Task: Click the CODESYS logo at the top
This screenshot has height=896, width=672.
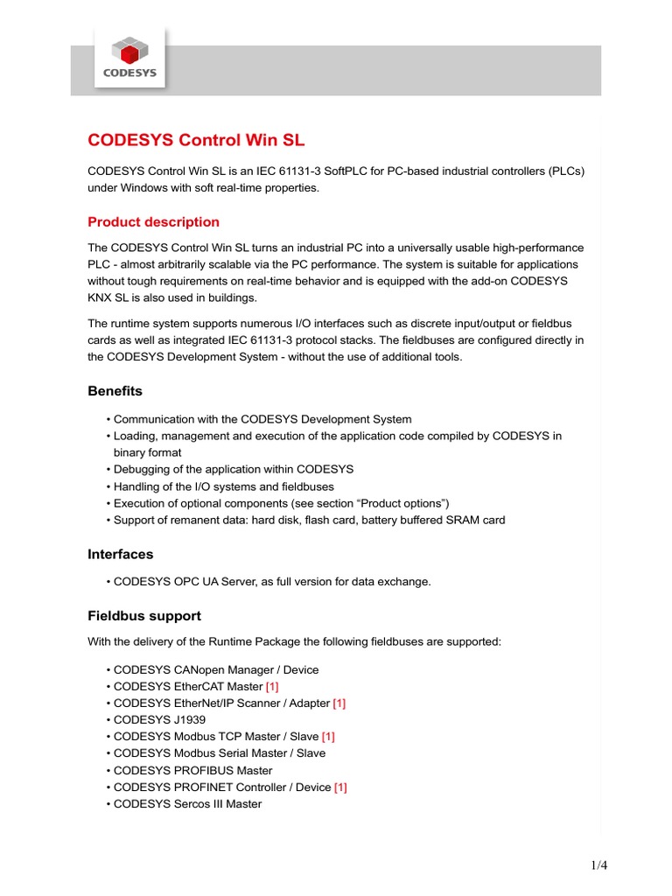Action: click(x=129, y=58)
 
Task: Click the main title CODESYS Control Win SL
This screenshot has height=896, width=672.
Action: click(x=196, y=140)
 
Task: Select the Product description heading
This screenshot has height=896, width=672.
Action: click(x=153, y=221)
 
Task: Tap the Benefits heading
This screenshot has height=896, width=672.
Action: click(x=115, y=390)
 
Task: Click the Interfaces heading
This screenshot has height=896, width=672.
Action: click(x=120, y=554)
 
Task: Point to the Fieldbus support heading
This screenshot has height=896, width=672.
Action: click(x=143, y=615)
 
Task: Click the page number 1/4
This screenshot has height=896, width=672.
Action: click(x=598, y=866)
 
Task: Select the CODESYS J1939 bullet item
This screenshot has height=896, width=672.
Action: click(x=159, y=719)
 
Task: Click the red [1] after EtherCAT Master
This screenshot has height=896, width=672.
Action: click(x=272, y=686)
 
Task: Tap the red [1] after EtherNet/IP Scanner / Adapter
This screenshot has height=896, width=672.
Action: click(x=339, y=703)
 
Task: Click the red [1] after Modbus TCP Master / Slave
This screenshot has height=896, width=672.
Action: click(x=329, y=736)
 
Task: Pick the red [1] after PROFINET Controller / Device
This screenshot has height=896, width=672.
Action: click(x=340, y=787)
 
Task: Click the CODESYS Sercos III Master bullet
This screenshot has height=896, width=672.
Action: click(x=187, y=803)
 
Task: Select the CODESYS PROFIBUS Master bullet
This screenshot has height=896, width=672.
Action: click(x=192, y=770)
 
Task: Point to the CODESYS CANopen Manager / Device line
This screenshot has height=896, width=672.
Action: click(x=215, y=669)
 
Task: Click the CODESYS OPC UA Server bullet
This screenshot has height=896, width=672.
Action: click(x=271, y=581)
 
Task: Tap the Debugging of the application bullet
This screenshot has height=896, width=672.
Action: click(x=233, y=469)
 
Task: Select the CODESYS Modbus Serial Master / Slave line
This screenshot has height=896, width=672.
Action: click(x=219, y=752)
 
